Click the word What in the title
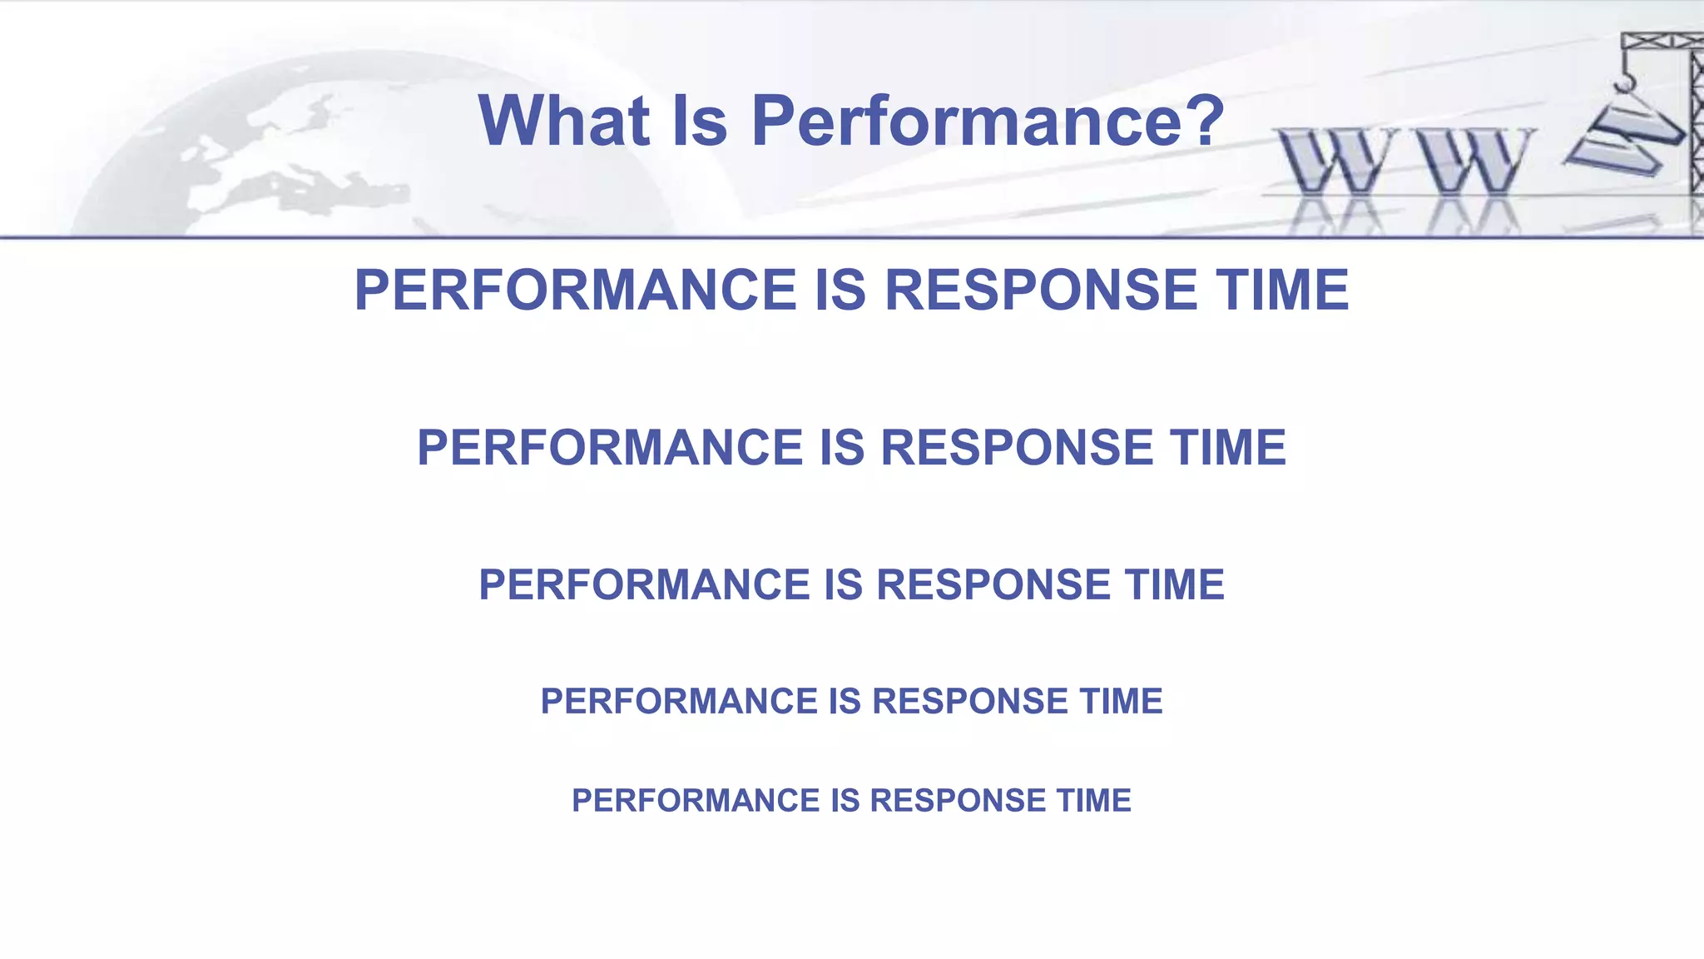(563, 122)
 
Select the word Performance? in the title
(988, 122)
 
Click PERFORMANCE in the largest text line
(576, 291)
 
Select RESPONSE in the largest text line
(1040, 291)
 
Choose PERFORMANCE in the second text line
(611, 448)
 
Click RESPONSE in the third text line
(993, 584)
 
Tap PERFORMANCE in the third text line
(645, 584)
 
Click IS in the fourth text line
(845, 702)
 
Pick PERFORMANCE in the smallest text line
(696, 801)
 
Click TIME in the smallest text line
(1094, 801)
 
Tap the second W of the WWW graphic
(1475, 161)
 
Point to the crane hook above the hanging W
(1623, 82)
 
